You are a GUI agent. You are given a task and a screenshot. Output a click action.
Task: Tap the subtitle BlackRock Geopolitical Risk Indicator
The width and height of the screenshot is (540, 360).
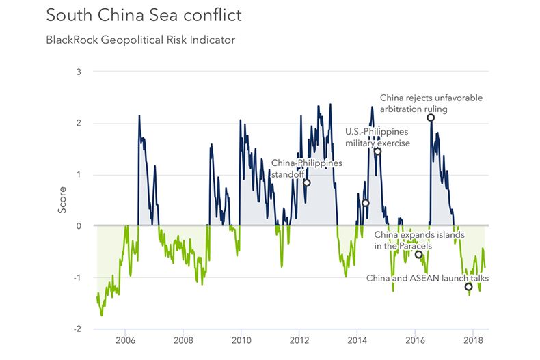click(140, 40)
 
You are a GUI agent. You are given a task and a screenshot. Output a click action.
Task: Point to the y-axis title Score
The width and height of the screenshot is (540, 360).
click(62, 200)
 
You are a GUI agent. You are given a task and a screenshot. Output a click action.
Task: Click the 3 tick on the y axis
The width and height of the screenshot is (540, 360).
click(79, 72)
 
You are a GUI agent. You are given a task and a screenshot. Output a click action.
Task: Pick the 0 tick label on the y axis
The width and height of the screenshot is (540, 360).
click(79, 225)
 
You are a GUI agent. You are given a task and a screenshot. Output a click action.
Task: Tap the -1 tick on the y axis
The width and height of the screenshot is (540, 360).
click(77, 277)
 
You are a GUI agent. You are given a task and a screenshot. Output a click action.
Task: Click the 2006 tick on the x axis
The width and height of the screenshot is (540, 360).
click(125, 340)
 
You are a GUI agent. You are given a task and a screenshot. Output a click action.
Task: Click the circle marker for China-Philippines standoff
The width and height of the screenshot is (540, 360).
click(306, 183)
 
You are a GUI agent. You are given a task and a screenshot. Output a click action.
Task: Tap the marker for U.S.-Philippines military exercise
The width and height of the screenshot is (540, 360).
click(377, 151)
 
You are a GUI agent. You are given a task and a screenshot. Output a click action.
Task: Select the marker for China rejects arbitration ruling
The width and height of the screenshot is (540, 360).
click(431, 117)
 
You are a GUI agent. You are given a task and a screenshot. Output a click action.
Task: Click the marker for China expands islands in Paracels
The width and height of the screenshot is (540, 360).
click(418, 255)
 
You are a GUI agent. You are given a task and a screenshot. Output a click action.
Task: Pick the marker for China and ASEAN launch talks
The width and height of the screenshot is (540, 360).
click(468, 287)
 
